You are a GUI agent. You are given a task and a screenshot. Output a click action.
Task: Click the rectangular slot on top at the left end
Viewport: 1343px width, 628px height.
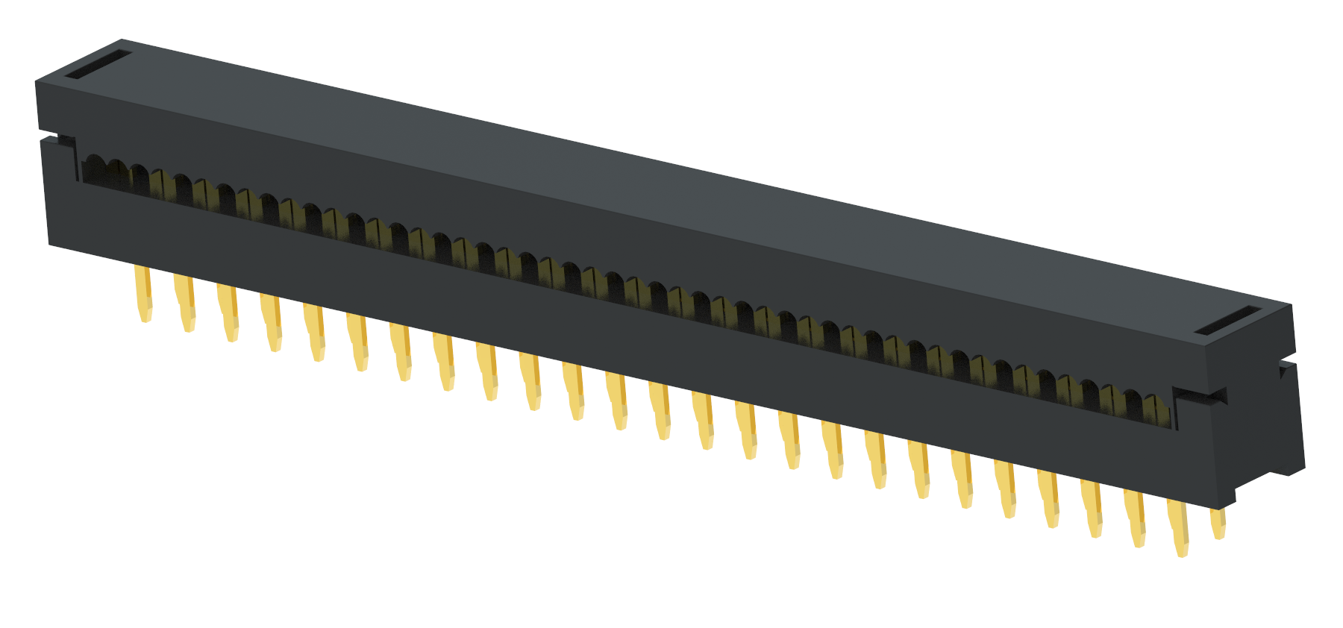[98, 65]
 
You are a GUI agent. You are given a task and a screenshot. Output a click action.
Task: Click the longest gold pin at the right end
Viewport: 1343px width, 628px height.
[1179, 527]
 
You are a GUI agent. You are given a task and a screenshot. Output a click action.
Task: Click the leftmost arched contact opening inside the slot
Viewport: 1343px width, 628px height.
[94, 169]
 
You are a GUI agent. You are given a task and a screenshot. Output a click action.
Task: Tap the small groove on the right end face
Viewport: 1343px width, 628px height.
[1286, 368]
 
